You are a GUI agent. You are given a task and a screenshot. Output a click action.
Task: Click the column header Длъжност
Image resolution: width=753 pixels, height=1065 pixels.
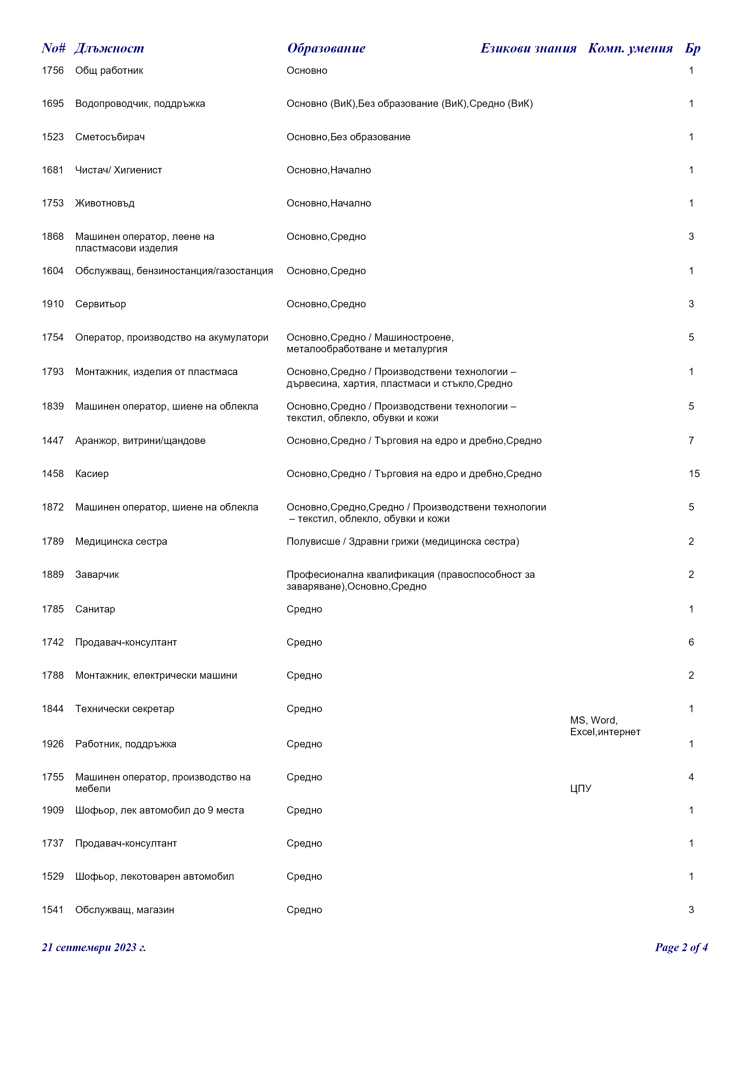click(x=109, y=48)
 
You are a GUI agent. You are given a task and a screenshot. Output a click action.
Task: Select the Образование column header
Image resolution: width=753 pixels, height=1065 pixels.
click(x=326, y=48)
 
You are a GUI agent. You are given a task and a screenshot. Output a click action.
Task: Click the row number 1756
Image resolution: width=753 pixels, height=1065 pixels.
click(x=53, y=70)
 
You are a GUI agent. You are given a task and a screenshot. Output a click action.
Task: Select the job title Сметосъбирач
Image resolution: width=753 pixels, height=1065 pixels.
click(x=110, y=137)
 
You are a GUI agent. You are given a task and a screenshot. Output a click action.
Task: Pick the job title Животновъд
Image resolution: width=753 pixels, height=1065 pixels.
click(x=105, y=203)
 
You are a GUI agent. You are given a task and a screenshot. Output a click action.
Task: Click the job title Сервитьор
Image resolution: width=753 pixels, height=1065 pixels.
click(x=101, y=304)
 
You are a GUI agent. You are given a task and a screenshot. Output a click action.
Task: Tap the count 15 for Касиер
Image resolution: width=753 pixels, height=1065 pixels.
click(x=694, y=474)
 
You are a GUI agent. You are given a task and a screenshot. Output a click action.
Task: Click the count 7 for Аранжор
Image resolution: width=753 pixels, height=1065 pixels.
click(x=691, y=440)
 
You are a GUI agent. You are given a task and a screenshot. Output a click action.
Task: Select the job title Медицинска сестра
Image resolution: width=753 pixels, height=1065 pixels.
click(x=121, y=541)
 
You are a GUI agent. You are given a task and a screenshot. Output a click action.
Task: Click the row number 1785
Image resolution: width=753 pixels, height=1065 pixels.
click(x=53, y=609)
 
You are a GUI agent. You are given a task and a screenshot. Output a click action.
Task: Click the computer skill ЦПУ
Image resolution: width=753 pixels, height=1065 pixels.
click(x=581, y=789)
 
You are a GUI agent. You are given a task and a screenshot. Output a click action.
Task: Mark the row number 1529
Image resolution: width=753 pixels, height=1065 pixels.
click(x=53, y=876)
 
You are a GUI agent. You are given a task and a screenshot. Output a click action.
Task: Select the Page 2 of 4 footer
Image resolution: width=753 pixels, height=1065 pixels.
click(x=681, y=947)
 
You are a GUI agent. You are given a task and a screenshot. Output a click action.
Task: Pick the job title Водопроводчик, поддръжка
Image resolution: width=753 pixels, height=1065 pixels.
click(x=140, y=104)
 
